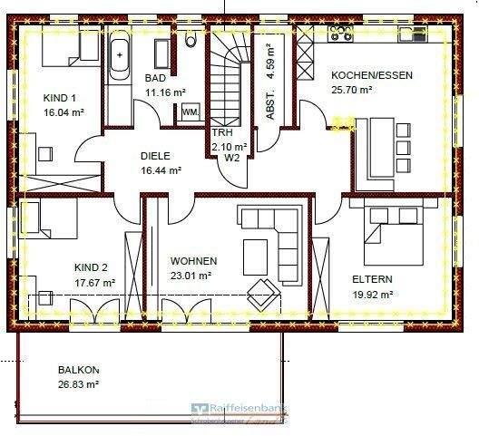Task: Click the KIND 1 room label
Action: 61,98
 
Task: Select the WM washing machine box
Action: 191,111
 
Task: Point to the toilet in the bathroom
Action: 191,38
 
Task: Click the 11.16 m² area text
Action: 164,92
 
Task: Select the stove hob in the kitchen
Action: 341,34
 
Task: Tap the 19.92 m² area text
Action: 371,294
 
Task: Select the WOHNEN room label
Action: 193,260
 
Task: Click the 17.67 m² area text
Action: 95,283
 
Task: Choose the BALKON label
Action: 78,370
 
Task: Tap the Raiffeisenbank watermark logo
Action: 237,412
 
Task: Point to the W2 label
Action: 231,157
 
